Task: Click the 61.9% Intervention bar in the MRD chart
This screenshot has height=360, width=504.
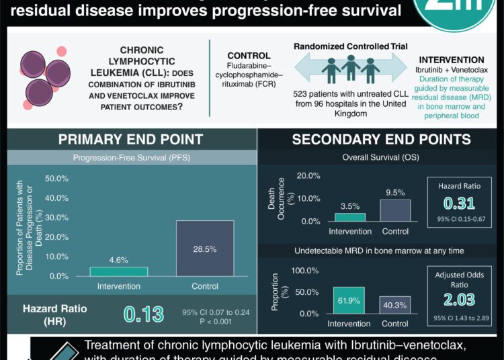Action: (x=349, y=300)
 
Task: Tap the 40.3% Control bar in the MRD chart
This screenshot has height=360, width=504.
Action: (x=395, y=305)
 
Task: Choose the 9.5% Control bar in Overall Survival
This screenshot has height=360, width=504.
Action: (x=395, y=210)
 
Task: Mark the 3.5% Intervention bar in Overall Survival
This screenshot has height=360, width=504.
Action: (x=349, y=217)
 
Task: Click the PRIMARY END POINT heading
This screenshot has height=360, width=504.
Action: (x=130, y=140)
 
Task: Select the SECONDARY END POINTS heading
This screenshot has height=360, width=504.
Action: (x=380, y=140)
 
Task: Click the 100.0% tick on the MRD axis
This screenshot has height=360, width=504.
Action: (x=304, y=270)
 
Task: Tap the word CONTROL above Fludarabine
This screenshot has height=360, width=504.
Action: (x=249, y=56)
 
